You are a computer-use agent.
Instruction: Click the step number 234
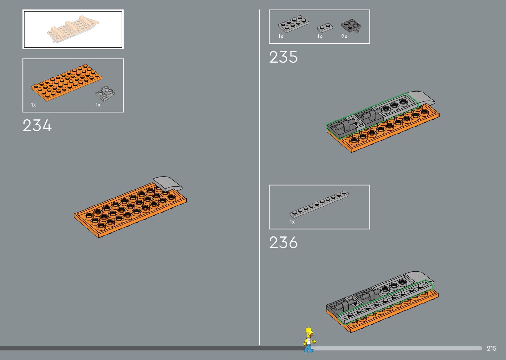37,126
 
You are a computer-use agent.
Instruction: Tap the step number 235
283,57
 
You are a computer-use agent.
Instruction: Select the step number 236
283,243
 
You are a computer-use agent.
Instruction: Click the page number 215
491,348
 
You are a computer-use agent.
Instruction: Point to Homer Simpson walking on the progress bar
309,340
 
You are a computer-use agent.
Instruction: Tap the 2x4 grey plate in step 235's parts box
293,24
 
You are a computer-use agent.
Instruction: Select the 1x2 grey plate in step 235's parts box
325,27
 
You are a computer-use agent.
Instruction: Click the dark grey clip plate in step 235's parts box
350,25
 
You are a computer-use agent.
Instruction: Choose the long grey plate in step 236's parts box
319,204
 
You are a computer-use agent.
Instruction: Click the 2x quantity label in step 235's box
344,37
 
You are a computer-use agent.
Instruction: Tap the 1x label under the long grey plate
292,222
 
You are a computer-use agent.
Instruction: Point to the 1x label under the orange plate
33,105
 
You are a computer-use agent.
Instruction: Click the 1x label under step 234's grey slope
98,105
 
